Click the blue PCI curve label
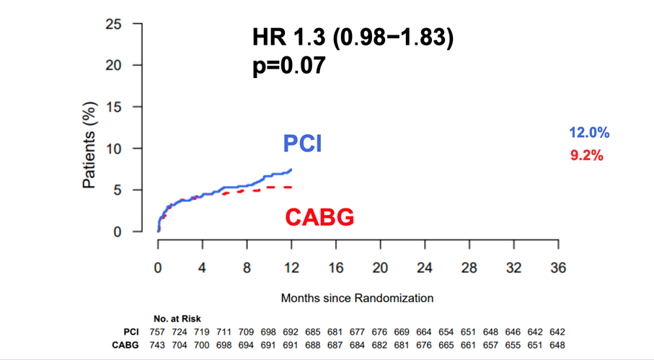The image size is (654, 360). [302, 144]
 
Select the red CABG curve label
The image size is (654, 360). [319, 217]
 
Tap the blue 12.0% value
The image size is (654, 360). [589, 133]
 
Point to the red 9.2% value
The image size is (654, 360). [585, 155]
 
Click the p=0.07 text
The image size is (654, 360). [288, 66]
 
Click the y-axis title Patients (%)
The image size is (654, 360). [89, 145]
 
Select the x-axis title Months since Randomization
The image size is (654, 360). [357, 297]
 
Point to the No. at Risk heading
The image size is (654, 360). [177, 318]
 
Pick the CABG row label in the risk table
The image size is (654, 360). [125, 345]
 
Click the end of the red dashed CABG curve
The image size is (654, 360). [291, 187]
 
